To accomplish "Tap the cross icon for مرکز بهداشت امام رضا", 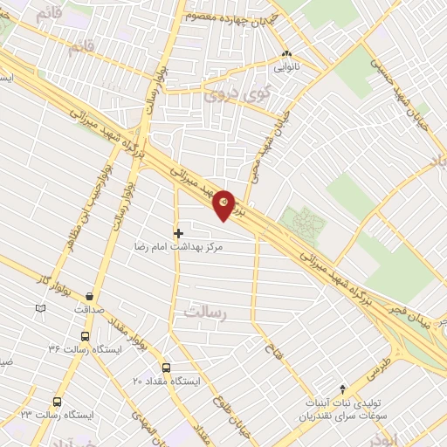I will tap(179, 233).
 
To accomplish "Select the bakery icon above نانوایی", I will tap(287, 53).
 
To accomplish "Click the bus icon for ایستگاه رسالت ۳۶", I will tap(85, 335).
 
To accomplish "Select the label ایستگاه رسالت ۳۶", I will tap(79, 349).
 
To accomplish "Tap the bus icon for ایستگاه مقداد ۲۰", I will tap(167, 368).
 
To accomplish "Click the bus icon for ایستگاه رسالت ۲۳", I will tap(58, 402).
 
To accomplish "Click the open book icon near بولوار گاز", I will tap(39, 308).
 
